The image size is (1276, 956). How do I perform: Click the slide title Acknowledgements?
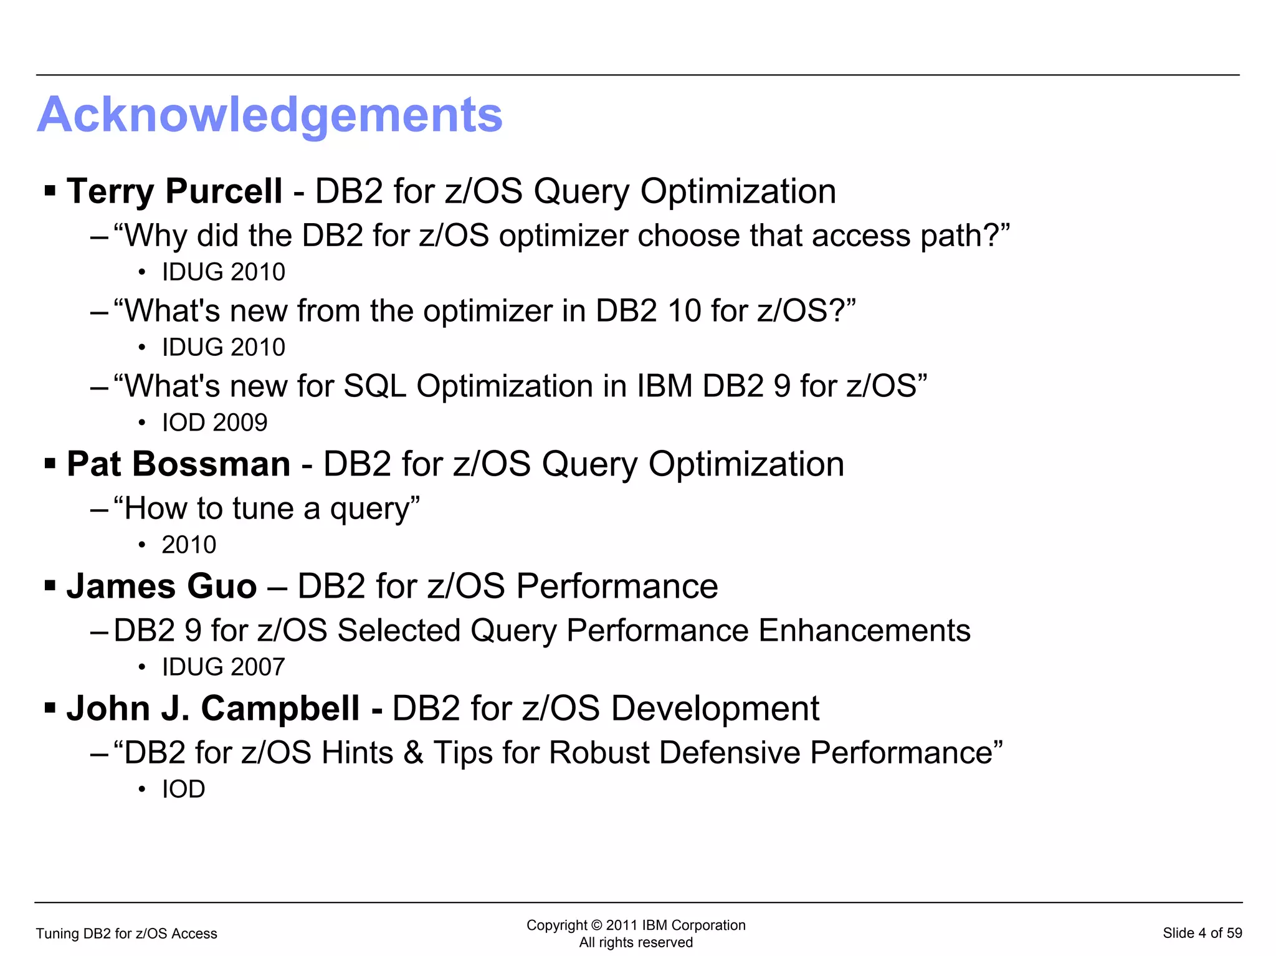pos(270,115)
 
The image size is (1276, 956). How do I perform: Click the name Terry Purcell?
pos(174,191)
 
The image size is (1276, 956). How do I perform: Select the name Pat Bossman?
pos(179,464)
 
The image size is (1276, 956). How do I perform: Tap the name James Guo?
pos(162,586)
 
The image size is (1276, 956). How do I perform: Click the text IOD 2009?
pos(214,423)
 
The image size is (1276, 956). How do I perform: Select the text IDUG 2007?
pos(223,667)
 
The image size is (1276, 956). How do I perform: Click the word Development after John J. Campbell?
pos(715,709)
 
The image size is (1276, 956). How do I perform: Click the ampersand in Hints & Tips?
pos(413,753)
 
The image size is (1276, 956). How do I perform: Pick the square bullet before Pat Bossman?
pos(50,464)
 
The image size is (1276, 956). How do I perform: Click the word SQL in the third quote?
pos(375,386)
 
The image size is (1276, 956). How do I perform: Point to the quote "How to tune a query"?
pos(267,509)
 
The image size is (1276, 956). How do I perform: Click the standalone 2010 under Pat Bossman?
pos(189,545)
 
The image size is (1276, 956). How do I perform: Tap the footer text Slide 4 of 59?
pos(1202,933)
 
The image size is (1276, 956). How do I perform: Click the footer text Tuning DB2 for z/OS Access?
pos(126,934)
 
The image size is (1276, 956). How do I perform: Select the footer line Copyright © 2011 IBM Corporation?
pos(636,925)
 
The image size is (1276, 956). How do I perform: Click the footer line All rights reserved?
pos(636,942)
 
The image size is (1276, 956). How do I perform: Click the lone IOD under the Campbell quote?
pos(183,790)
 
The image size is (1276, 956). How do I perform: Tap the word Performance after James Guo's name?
pos(617,586)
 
